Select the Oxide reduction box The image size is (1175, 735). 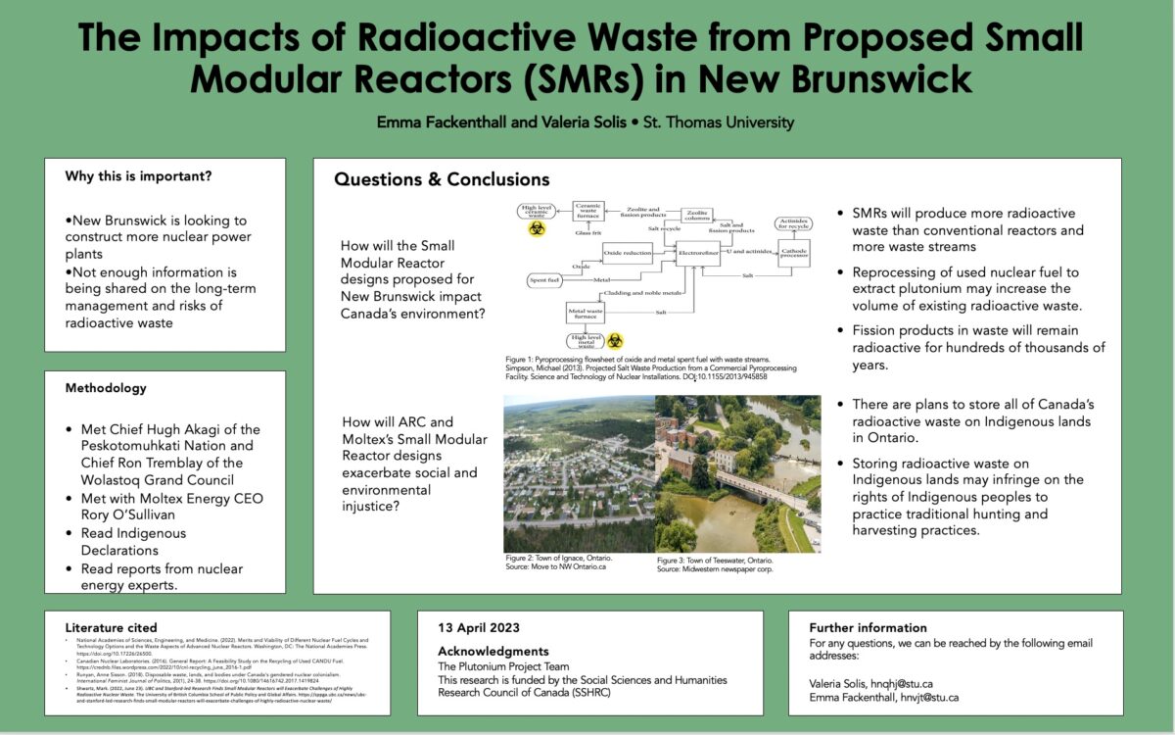click(x=627, y=253)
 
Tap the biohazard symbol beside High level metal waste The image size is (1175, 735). click(x=615, y=340)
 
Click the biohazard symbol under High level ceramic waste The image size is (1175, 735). click(x=538, y=228)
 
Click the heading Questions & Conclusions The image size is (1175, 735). click(x=442, y=179)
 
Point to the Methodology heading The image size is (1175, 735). click(x=106, y=388)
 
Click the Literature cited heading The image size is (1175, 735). click(x=111, y=627)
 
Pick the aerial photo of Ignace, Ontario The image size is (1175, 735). click(x=579, y=473)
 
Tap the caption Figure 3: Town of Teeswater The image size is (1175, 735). click(x=715, y=560)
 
